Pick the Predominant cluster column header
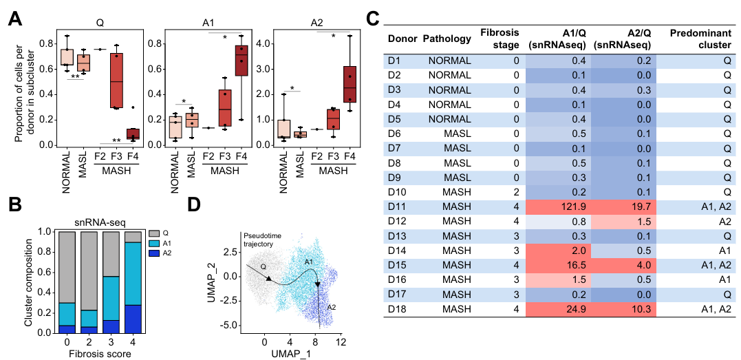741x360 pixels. tap(700, 39)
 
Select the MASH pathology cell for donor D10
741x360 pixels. tap(449, 190)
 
